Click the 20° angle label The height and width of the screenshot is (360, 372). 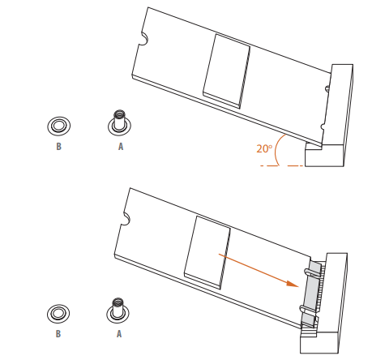click(x=264, y=148)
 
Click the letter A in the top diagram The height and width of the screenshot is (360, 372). click(x=121, y=147)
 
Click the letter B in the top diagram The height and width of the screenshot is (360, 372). click(x=58, y=147)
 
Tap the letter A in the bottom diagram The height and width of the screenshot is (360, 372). click(x=119, y=334)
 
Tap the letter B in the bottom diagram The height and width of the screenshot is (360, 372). click(x=58, y=334)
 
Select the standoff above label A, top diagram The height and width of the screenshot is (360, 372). click(x=119, y=122)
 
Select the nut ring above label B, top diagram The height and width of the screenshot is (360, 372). click(x=58, y=126)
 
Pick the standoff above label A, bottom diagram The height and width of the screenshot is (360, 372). click(x=118, y=311)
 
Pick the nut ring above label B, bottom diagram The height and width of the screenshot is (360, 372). click(x=58, y=314)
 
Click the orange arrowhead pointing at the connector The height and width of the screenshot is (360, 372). click(x=293, y=285)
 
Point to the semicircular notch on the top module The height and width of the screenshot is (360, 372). click(x=144, y=39)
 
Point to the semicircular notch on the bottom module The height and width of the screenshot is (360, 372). click(x=126, y=219)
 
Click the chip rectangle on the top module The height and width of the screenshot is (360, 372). click(x=227, y=71)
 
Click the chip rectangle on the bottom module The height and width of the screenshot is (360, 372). click(x=207, y=252)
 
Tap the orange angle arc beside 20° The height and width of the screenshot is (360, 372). click(x=276, y=150)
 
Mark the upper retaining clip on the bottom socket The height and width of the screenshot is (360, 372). click(x=310, y=272)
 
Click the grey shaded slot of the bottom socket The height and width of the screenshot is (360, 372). click(x=311, y=294)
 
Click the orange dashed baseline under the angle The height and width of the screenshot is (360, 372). click(x=282, y=165)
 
